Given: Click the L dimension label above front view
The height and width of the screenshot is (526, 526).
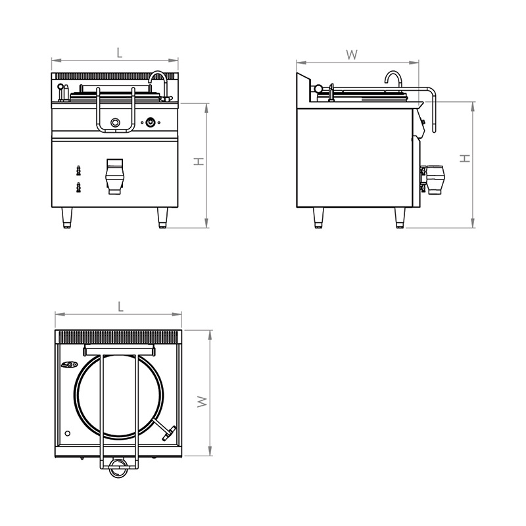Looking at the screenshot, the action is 120,53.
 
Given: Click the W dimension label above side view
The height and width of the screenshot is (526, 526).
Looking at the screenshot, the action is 352,55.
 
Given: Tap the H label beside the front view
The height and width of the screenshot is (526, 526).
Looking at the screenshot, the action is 199,161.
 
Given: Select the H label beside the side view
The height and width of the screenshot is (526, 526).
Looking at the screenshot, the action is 465,158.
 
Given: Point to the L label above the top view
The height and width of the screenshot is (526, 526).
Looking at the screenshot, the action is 121,306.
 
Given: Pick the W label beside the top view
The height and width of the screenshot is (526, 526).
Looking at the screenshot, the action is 203,402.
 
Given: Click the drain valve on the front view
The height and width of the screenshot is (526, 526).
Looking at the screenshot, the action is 114,176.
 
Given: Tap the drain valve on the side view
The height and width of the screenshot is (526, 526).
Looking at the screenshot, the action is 432,179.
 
